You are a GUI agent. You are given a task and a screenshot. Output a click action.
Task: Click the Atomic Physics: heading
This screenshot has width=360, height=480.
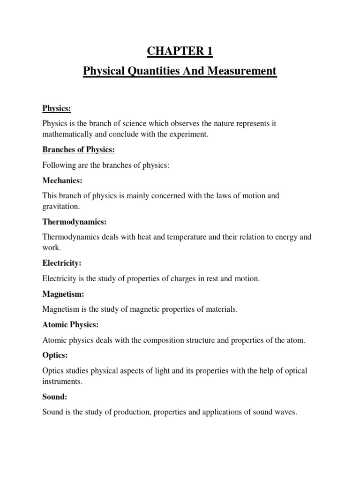click(x=70, y=324)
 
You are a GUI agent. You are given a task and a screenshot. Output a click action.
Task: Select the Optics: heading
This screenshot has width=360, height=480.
click(x=54, y=355)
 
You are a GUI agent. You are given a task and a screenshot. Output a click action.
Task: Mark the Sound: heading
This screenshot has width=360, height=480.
click(x=55, y=397)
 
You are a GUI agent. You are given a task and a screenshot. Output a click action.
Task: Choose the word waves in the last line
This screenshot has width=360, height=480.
click(x=286, y=412)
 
